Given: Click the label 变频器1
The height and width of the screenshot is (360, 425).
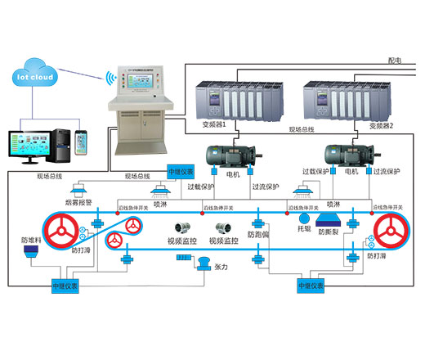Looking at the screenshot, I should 213,125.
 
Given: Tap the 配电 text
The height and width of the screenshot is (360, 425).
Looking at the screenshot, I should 396,60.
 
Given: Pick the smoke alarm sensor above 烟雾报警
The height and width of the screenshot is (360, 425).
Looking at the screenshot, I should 79,189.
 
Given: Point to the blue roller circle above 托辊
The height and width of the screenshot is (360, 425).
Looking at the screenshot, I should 303,219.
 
